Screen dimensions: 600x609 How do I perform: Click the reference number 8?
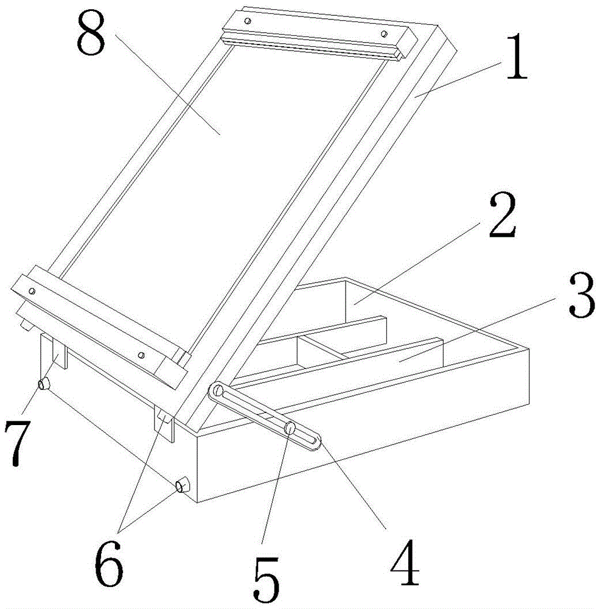coord(91,33)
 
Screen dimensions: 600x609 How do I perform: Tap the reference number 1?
coord(517,57)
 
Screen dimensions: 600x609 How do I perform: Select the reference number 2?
coord(503,216)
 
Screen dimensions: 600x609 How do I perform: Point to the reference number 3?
coord(582,295)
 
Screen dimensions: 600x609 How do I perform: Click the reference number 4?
coord(405,562)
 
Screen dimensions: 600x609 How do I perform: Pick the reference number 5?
coord(267,580)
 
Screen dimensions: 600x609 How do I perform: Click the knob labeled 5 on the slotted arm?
coord(290,428)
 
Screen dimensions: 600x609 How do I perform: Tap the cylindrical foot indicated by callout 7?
coord(44,383)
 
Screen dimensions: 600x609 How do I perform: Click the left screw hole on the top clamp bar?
coord(248,21)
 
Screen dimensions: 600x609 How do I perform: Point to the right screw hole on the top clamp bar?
coord(384,33)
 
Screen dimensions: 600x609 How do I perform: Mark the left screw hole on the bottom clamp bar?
coord(32,290)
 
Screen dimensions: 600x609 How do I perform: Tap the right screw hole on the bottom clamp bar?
coord(142,355)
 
